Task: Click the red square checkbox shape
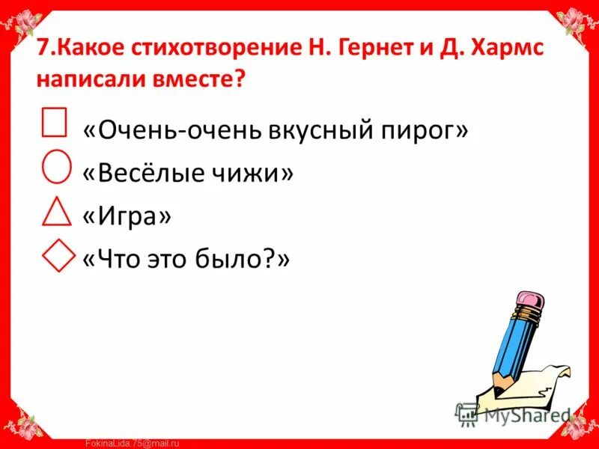[55, 122]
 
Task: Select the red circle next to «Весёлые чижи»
[57, 165]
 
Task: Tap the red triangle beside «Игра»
[57, 211]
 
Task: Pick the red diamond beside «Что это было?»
[57, 254]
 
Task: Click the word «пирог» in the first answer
[425, 130]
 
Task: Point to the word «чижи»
[252, 173]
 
